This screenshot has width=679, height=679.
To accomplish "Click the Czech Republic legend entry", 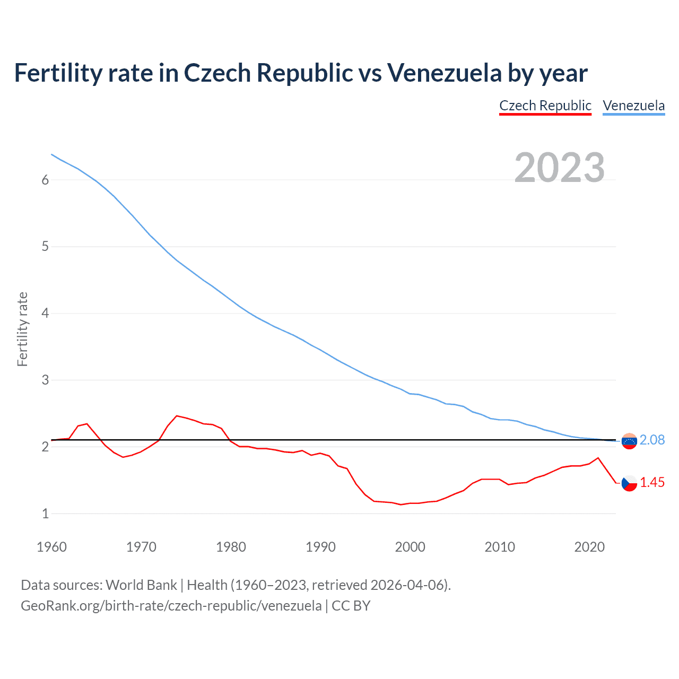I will [x=545, y=106].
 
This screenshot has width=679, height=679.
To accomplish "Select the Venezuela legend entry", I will [x=633, y=106].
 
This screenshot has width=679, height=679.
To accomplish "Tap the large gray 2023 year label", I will [x=560, y=168].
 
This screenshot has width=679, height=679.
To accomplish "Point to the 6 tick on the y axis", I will [x=45, y=180].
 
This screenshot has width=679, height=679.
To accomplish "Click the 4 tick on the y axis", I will [x=45, y=314].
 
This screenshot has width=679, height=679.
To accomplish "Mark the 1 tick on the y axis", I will [x=45, y=514].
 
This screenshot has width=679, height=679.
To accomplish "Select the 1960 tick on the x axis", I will [x=51, y=547].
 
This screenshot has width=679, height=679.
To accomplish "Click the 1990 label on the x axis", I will [x=320, y=547].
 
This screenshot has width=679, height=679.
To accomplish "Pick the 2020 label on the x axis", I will [x=589, y=547].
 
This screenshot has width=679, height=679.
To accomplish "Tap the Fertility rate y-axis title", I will [x=22, y=329].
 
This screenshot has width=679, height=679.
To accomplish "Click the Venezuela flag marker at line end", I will [x=629, y=441].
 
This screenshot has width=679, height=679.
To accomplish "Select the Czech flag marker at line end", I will [x=629, y=483].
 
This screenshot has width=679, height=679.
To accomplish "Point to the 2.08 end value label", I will [x=652, y=440].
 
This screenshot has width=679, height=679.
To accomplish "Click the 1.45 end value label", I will [x=652, y=482].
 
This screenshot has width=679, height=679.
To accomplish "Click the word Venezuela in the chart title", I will [x=444, y=73].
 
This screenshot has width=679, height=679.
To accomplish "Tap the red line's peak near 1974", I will [x=177, y=416].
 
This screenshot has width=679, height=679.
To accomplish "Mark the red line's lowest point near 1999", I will [x=401, y=504].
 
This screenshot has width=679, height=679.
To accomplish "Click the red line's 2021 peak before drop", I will [x=598, y=458].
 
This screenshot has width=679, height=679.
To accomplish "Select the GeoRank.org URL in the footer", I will [x=171, y=606].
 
